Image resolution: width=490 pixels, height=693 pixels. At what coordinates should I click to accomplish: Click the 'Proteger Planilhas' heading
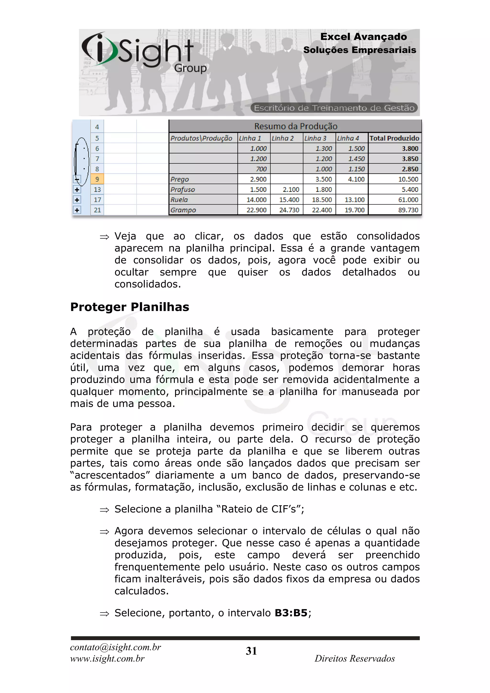click(x=129, y=307)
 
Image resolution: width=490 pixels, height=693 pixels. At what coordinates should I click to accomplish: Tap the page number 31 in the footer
click(x=251, y=651)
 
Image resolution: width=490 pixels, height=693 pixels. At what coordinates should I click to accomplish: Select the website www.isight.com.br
click(x=107, y=659)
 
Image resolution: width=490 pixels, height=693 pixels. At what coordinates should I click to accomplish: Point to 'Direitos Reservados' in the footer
click(x=355, y=659)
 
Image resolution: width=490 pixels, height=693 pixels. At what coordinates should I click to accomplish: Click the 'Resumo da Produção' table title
click(x=295, y=126)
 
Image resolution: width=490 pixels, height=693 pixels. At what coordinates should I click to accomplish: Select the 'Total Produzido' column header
click(x=394, y=138)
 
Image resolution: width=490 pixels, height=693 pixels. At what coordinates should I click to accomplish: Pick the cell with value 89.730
click(x=408, y=210)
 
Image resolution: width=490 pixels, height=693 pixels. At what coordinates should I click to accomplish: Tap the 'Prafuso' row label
click(x=183, y=190)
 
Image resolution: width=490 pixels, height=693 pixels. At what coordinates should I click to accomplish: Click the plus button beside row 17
click(x=77, y=200)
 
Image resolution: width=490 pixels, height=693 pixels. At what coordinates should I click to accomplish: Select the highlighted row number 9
click(x=97, y=179)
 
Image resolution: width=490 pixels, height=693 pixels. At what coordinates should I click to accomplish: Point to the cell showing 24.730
click(x=289, y=210)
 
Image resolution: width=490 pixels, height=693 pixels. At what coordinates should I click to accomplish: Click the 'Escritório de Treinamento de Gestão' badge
click(x=334, y=108)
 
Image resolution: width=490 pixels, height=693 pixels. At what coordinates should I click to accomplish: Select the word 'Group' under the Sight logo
click(x=190, y=68)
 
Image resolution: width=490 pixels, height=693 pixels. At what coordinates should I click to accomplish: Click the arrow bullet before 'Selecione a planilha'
click(x=104, y=510)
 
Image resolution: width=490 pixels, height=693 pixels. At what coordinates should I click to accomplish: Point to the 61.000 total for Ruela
click(x=408, y=200)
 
